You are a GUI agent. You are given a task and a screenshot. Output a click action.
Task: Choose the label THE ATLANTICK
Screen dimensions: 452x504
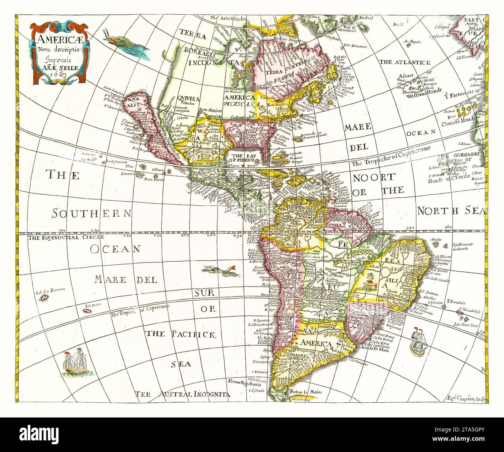click(405, 62)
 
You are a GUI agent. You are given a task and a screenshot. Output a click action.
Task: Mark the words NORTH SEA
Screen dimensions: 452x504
click(451, 211)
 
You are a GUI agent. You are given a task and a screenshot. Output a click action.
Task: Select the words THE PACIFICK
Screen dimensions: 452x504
click(181, 335)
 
